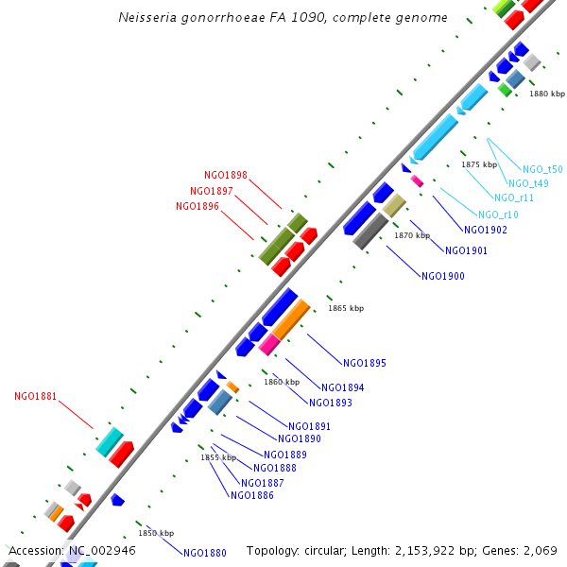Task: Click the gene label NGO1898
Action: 226,175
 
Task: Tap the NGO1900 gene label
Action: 442,276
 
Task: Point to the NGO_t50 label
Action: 542,169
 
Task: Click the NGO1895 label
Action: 364,363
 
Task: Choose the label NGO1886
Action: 252,495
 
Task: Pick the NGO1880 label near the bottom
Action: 205,553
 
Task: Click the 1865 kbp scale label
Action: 345,308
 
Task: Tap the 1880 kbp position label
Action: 546,94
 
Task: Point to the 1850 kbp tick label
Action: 156,533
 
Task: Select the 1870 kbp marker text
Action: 412,235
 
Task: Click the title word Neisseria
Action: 152,18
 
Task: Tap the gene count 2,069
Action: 538,550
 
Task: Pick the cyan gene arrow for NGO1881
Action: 110,441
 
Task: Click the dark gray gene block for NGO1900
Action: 369,231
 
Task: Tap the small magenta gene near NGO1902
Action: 417,180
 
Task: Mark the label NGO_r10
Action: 498,215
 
